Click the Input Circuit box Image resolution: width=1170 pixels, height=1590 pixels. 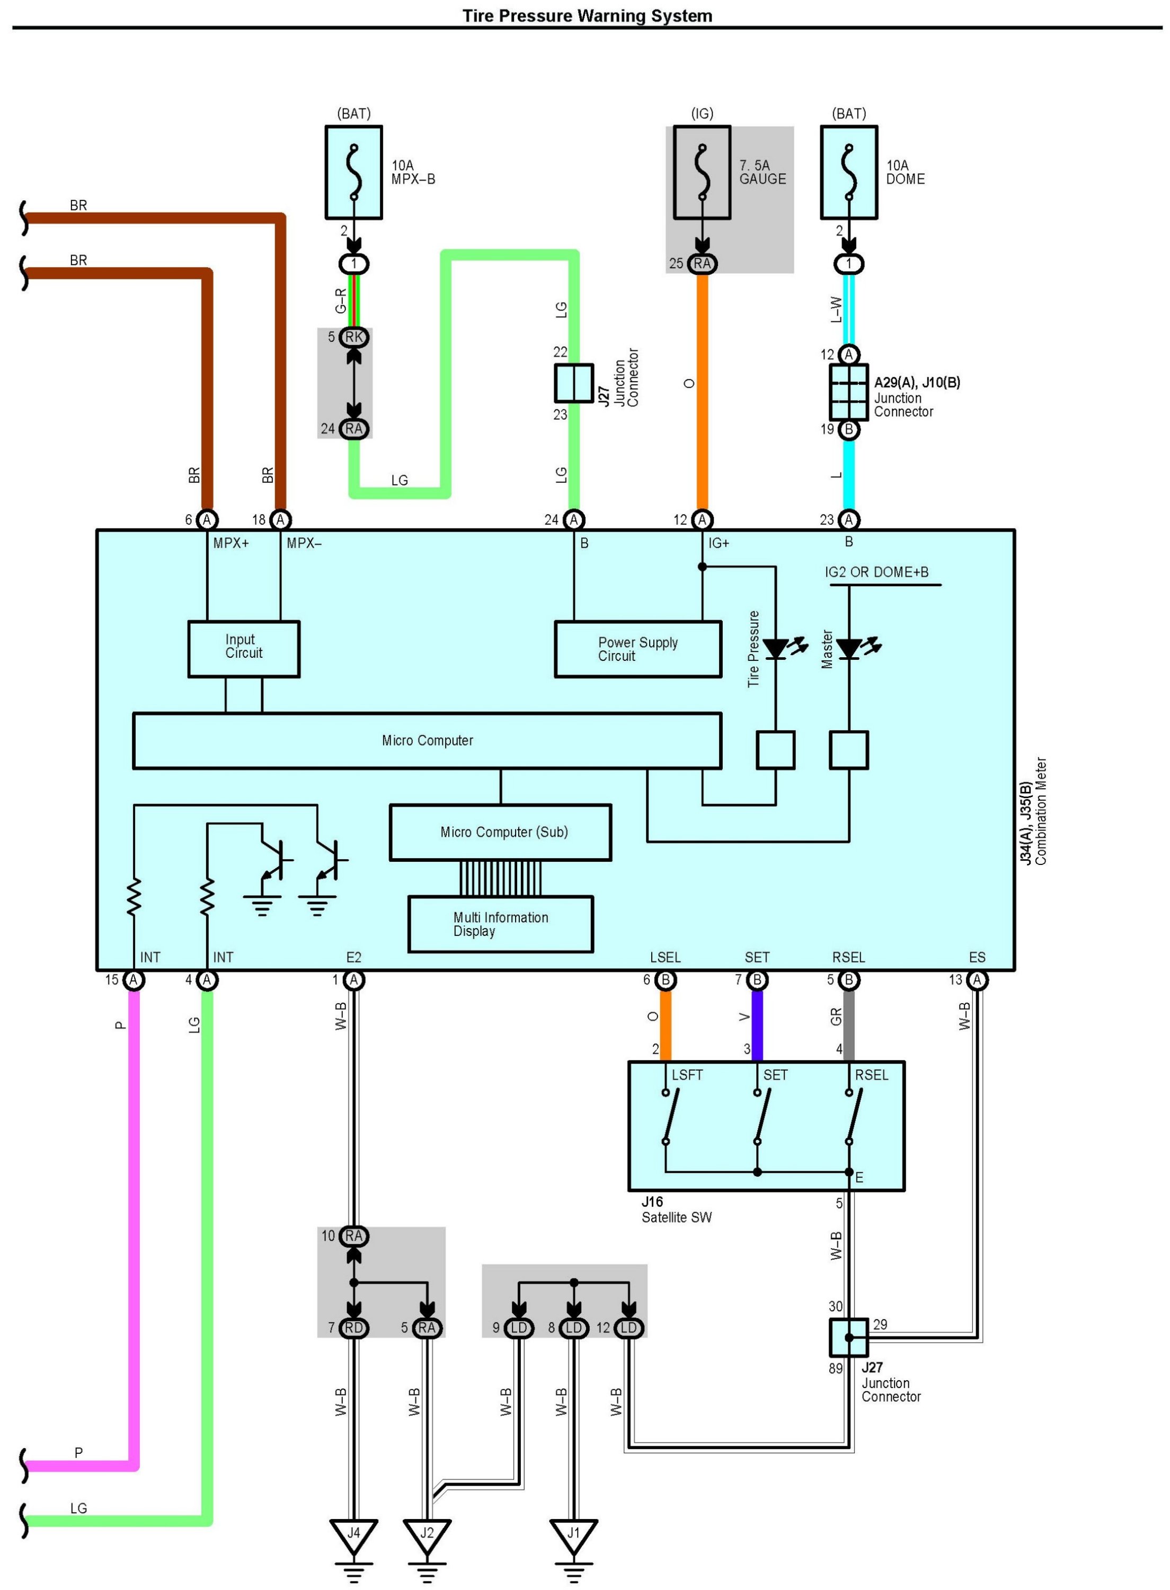244,649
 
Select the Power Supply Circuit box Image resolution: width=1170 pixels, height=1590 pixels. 637,649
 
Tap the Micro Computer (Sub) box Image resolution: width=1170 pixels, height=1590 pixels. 500,832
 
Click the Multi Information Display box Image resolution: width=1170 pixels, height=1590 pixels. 500,924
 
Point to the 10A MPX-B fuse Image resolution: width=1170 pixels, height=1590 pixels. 353,173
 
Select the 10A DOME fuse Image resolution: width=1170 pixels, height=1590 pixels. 848,173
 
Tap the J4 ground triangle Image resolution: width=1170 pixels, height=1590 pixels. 353,1533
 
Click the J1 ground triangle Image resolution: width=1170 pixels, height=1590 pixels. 574,1533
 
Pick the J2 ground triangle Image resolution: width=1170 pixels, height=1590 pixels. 427,1533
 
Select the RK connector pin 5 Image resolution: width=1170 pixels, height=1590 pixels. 353,337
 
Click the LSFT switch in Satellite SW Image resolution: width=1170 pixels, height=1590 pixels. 670,1117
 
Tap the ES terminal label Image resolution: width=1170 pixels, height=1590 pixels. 977,958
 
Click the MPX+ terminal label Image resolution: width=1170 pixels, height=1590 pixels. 231,543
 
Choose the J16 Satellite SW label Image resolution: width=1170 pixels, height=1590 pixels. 676,1209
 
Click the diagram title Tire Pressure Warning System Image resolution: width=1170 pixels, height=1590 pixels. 587,15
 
